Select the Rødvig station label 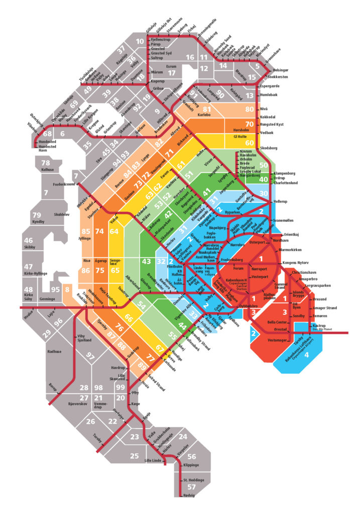pyautogui.click(x=189, y=495)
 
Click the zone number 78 pyautogui.click(x=46, y=163)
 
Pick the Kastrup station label pyautogui.click(x=319, y=326)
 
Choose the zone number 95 pyautogui.click(x=55, y=290)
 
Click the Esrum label pyautogui.click(x=172, y=66)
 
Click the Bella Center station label pyautogui.click(x=278, y=321)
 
